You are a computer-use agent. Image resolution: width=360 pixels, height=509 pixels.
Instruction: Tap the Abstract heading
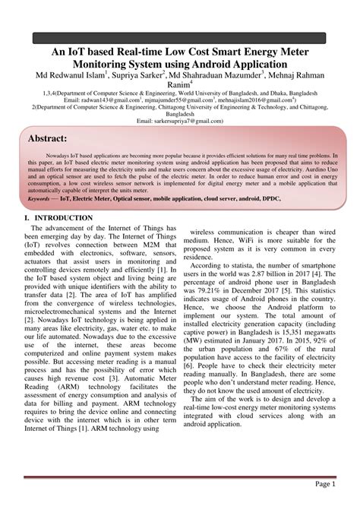[47, 139]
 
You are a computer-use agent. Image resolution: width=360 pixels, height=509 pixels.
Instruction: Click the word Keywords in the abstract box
[43, 197]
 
